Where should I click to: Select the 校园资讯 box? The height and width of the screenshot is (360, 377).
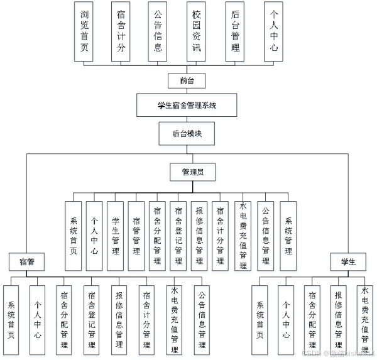coord(196,31)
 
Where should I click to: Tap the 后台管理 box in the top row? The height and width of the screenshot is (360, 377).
coord(235,31)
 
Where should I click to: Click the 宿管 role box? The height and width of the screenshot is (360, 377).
coord(26,261)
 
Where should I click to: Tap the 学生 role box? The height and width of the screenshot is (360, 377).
coord(348,261)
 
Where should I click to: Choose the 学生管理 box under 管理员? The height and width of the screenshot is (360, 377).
coord(115,236)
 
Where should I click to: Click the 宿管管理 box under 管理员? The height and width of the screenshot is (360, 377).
coord(136,236)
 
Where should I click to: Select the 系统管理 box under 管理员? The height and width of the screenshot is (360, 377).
coord(288,236)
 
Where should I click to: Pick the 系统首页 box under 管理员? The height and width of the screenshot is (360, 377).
coord(73,236)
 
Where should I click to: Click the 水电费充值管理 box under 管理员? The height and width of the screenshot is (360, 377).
coord(243,236)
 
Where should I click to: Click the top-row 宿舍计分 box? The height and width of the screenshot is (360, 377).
coord(119,31)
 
